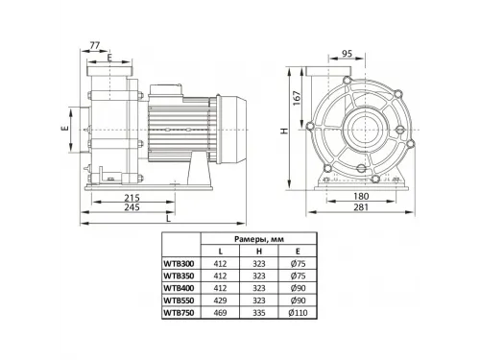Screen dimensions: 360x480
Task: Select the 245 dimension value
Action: tap(133, 206)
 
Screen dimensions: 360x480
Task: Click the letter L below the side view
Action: tap(169, 219)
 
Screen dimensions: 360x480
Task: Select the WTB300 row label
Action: tap(180, 261)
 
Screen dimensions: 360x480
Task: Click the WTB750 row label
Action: tap(180, 310)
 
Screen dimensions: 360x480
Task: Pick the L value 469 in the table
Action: tap(222, 310)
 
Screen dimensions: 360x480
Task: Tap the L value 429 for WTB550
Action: tap(222, 298)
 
